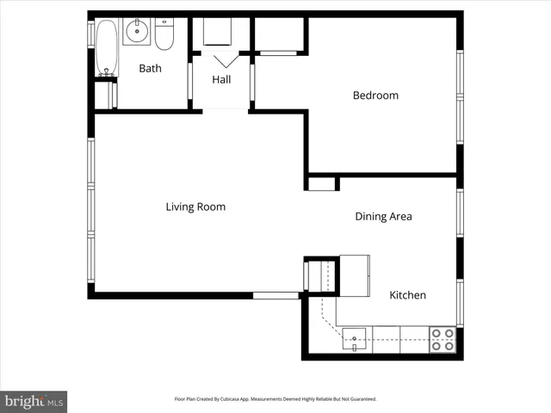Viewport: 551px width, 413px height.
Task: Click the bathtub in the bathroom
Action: click(x=106, y=48)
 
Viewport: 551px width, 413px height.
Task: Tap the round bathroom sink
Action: click(x=137, y=34)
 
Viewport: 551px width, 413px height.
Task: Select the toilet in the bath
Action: click(x=164, y=34)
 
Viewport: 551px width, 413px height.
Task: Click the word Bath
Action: click(x=150, y=69)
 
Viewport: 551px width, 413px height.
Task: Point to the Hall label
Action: click(x=221, y=80)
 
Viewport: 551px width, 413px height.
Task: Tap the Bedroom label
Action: click(x=375, y=96)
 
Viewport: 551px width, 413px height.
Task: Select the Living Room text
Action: click(x=195, y=206)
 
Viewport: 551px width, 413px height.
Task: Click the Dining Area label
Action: click(x=383, y=217)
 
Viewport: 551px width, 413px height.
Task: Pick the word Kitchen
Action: click(x=407, y=295)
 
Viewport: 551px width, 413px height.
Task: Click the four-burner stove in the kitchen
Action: click(x=443, y=339)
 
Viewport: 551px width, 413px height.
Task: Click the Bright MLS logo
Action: click(x=33, y=400)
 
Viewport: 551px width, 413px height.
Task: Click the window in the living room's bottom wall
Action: click(x=275, y=295)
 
